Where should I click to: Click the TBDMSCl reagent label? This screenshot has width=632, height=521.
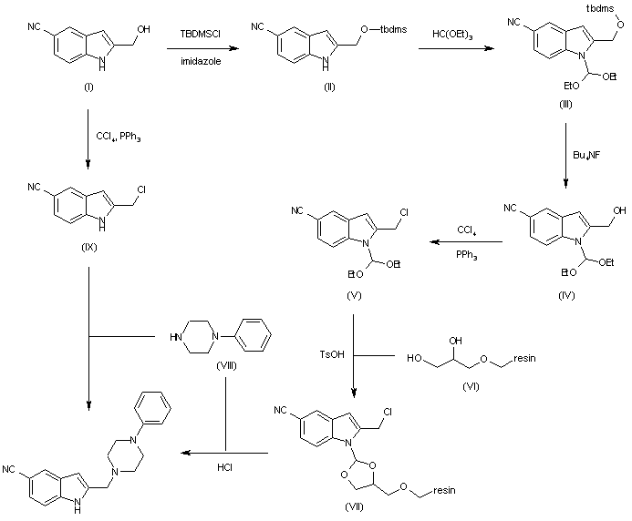(x=201, y=34)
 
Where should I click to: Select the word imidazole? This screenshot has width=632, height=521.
(x=201, y=61)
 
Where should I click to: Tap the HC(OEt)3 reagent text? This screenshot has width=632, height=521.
(x=452, y=35)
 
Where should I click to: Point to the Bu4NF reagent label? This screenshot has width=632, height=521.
(x=586, y=155)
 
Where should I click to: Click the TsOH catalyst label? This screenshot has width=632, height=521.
(x=332, y=354)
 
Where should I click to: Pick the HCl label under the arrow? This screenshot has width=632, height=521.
(x=224, y=467)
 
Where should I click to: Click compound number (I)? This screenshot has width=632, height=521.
(x=88, y=87)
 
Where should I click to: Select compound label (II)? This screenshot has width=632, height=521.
(x=329, y=87)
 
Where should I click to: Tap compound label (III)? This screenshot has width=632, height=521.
(x=565, y=104)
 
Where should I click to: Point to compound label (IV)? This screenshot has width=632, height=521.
(x=566, y=295)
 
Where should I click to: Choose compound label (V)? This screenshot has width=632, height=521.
(x=354, y=295)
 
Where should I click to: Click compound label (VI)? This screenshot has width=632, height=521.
(x=471, y=386)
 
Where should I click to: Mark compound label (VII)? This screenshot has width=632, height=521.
(x=354, y=507)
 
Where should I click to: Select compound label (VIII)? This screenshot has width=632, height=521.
(x=226, y=365)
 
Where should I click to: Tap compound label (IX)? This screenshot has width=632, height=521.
(x=89, y=247)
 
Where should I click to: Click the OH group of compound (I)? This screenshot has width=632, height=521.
(x=144, y=29)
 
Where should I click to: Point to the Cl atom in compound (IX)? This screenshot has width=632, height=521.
(x=141, y=189)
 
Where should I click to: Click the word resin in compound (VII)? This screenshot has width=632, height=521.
(x=444, y=490)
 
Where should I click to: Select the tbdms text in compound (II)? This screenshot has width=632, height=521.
(x=393, y=29)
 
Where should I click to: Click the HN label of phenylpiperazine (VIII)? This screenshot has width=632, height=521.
(x=176, y=337)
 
